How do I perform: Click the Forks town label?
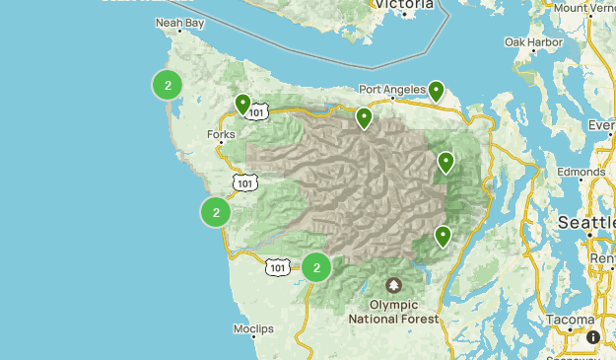(221, 134)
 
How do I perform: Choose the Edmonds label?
(580, 172)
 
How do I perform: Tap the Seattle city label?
(587, 223)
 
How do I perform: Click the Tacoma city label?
(571, 321)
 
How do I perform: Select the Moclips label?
(252, 328)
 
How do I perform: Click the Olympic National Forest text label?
(394, 312)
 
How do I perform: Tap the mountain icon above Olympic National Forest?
(394, 286)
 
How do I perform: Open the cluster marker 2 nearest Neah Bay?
(169, 86)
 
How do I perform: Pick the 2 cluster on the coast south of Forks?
(216, 211)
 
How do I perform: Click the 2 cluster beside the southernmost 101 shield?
(316, 267)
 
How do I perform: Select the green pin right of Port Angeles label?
(436, 91)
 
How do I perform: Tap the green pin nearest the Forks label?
(242, 104)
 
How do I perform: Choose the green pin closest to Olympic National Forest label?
(444, 236)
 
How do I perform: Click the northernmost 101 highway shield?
(257, 112)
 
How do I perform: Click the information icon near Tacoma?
(593, 337)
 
